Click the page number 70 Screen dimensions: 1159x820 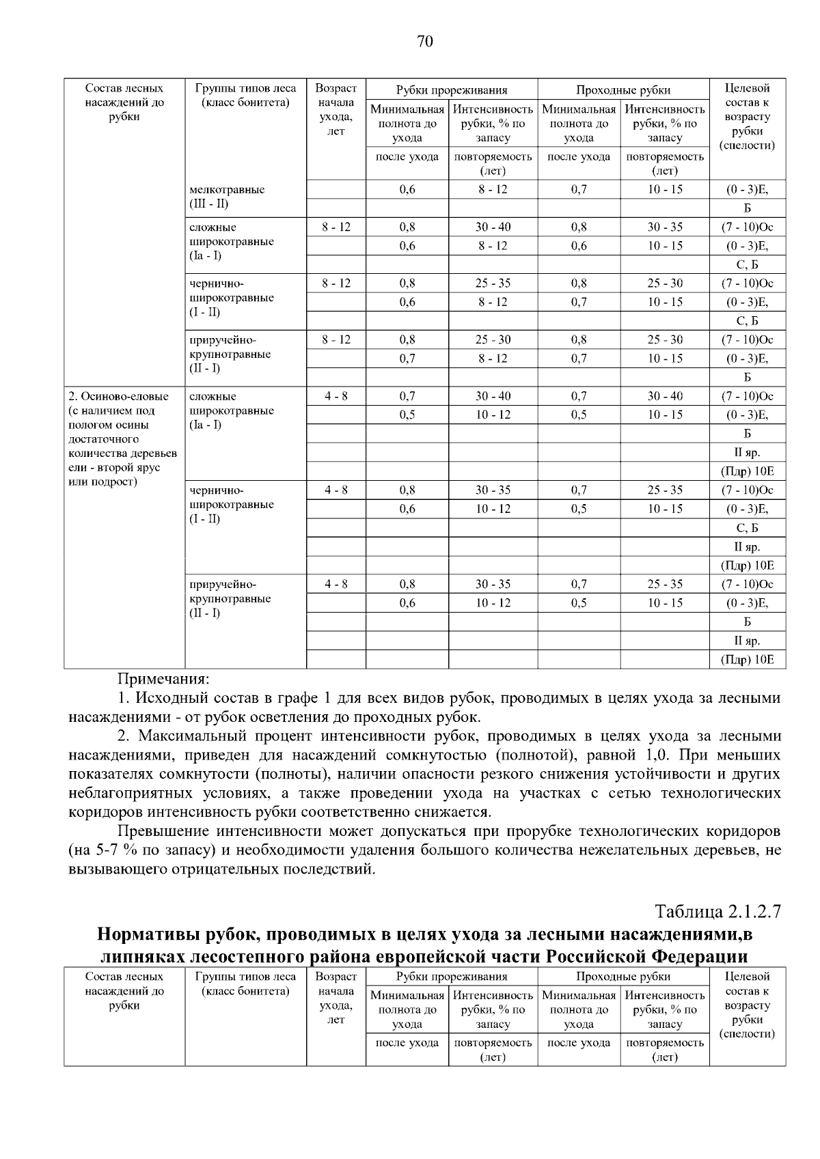424,42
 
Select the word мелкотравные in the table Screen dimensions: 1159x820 227,189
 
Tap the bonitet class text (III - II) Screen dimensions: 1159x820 209,204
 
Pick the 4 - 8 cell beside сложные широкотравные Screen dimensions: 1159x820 336,396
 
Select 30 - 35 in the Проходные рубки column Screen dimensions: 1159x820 665,227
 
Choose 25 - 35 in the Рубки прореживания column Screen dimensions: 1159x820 493,283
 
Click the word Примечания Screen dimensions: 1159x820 163,680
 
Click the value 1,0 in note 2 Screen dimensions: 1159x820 657,755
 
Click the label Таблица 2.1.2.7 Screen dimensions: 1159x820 717,912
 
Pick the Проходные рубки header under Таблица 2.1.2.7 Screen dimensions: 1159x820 623,977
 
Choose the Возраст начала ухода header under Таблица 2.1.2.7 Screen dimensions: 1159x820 336,998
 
